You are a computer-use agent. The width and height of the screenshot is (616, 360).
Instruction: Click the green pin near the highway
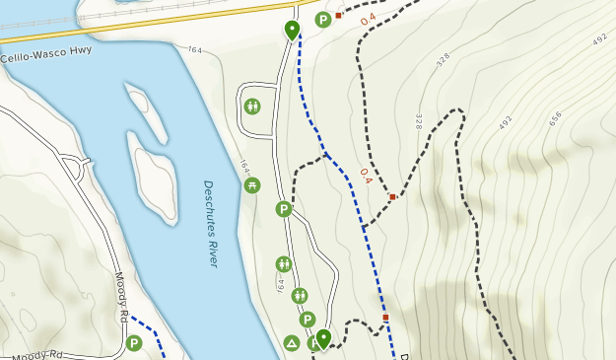[292, 30]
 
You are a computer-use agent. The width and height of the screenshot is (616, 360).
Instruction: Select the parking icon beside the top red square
[322, 20]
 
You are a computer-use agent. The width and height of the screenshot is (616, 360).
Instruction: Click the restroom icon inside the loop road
[252, 106]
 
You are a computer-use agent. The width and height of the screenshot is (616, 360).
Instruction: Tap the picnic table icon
[252, 184]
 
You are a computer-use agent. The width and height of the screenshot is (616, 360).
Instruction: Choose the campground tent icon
[292, 343]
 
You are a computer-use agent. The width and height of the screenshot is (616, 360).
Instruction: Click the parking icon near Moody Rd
[134, 343]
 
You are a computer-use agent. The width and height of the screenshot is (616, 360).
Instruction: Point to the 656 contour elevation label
[554, 117]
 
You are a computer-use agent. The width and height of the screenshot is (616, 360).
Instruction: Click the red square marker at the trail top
[338, 15]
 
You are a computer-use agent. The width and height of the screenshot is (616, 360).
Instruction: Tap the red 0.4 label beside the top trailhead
[368, 20]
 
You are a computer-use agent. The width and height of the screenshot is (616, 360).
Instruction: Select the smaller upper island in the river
[145, 113]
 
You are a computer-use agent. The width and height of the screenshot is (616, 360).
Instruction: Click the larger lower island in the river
[154, 182]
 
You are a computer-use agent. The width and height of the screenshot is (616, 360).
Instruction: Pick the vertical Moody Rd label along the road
[122, 295]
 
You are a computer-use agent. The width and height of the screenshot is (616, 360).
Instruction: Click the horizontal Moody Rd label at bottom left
[38, 352]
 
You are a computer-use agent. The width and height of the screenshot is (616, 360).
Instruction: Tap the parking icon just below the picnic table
[284, 209]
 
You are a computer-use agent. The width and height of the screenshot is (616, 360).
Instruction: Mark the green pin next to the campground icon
[322, 338]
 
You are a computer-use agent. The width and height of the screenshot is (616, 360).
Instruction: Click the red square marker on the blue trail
[386, 318]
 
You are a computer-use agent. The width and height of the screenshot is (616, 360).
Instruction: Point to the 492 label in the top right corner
[601, 39]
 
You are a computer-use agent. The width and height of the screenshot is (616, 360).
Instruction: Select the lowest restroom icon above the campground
[300, 295]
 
